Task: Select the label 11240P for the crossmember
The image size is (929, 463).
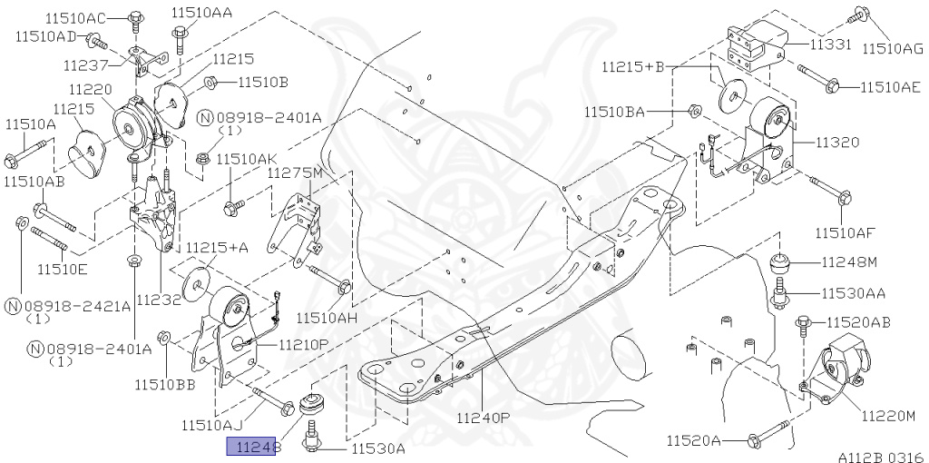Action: [484, 419]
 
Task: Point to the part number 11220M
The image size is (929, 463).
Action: [889, 416]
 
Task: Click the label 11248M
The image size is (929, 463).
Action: [850, 263]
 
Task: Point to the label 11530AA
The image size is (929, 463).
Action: [854, 293]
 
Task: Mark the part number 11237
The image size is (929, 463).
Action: [86, 66]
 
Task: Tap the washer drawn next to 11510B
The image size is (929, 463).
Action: [210, 83]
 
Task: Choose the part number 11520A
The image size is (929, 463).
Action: [694, 441]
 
